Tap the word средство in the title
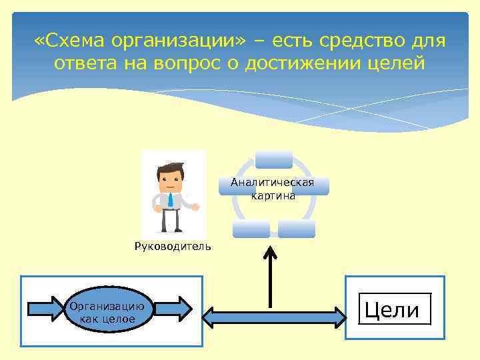[x=359, y=41]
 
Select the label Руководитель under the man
[x=173, y=246]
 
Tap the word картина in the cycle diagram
[x=273, y=196]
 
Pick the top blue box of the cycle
[x=273, y=159]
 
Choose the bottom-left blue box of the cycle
[x=251, y=229]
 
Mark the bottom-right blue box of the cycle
[x=296, y=229]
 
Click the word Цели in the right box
[x=395, y=310]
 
